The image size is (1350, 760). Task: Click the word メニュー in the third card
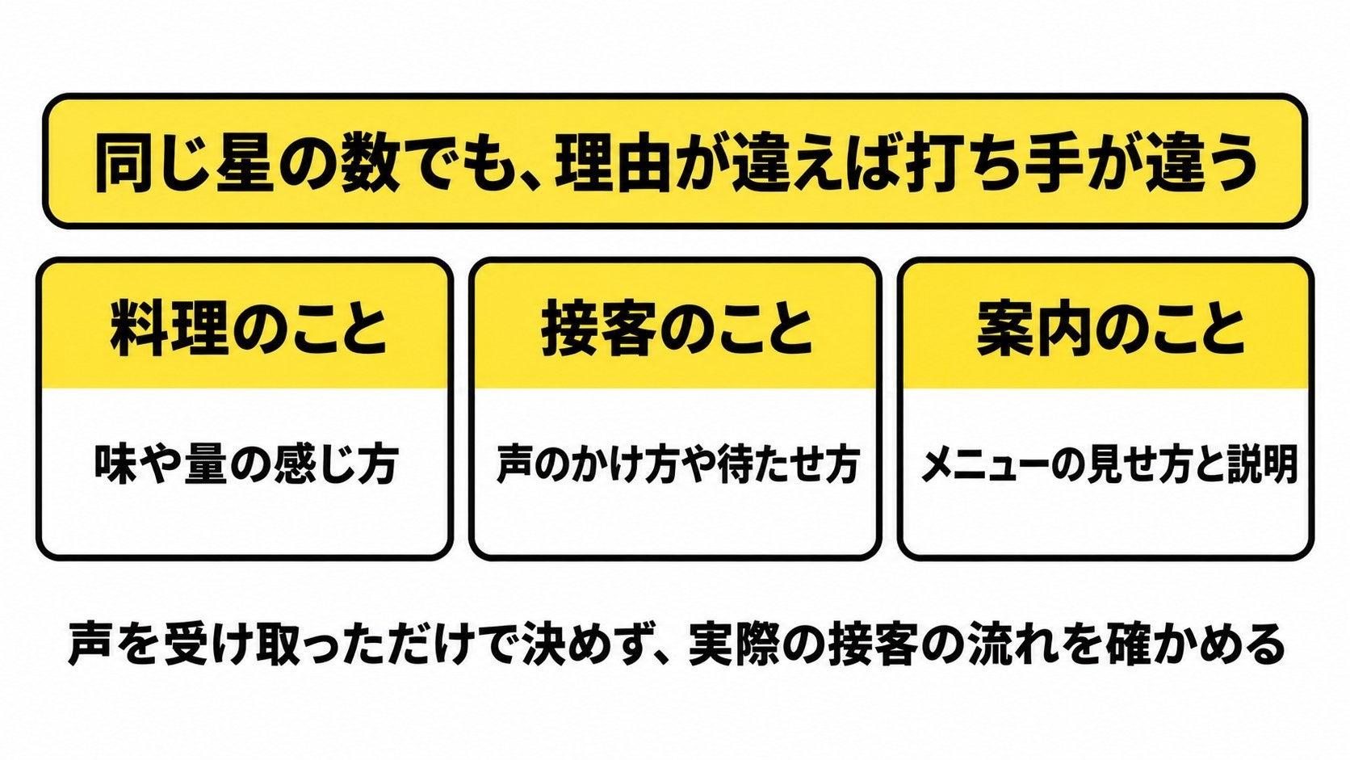click(x=984, y=464)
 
